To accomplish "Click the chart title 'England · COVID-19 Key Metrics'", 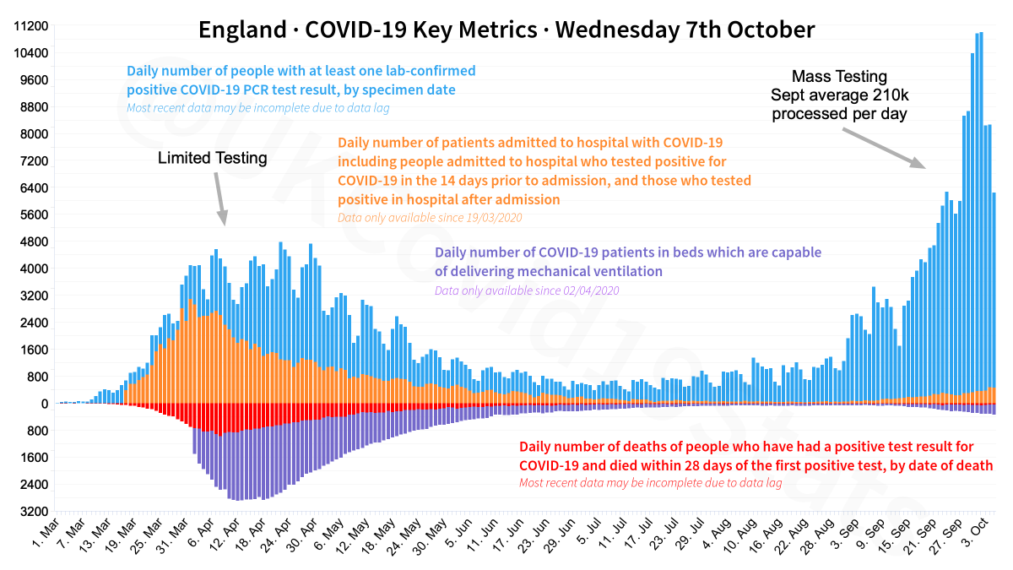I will point(367,30).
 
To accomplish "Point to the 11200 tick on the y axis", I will point(31,26).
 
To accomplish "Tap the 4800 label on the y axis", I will point(34,242).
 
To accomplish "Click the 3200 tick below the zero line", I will point(34,512).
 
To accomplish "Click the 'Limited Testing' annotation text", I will point(213,158).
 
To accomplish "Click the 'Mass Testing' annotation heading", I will point(839,75).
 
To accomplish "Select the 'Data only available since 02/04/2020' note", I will point(527,291).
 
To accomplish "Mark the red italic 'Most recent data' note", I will point(650,483).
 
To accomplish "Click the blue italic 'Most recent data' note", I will point(258,108).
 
